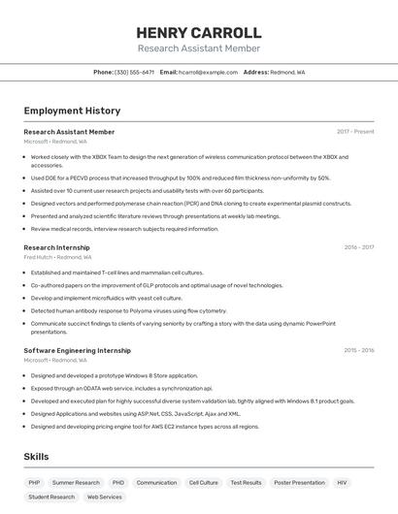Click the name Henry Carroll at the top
pos(199,32)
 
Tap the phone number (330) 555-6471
pos(134,72)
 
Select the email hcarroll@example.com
pos(205,72)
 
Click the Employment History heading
pos(72,111)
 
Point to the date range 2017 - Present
pos(355,131)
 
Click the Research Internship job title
pos(56,247)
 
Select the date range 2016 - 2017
pos(358,247)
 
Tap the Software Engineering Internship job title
pos(77,350)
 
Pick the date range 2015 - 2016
pos(358,350)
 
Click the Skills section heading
pos(37,456)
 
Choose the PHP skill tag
pos(34,482)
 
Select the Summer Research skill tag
pos(76,482)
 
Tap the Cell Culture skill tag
pos(203,482)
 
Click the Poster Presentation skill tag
pos(299,482)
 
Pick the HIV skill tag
pos(342,482)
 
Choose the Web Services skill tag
pos(104,497)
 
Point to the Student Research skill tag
pos(51,497)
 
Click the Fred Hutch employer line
pos(57,257)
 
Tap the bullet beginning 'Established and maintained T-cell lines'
pos(116,273)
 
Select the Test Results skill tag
pos(246,482)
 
